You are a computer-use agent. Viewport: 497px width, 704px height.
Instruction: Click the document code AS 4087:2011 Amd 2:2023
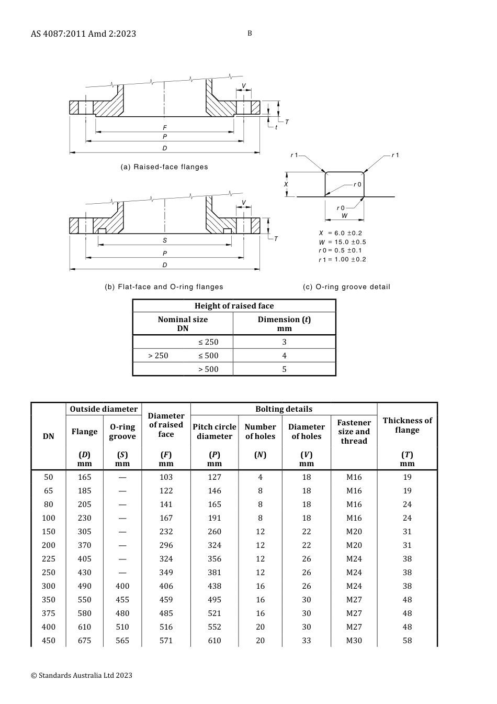83,34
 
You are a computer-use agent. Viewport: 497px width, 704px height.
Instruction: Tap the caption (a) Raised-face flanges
164,167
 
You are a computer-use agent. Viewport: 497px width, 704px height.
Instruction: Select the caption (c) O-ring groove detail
346,287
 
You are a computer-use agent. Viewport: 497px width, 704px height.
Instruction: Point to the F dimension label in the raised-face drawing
165,128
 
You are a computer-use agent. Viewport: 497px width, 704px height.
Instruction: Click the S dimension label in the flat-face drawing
165,240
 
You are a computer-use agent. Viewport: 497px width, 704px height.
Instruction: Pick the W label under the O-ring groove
344,216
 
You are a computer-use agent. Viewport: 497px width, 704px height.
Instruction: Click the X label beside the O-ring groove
286,184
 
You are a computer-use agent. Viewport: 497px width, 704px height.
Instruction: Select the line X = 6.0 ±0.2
341,233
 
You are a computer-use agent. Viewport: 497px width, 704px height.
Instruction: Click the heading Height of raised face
234,306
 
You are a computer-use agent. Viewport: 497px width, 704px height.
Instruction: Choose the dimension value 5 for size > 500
284,369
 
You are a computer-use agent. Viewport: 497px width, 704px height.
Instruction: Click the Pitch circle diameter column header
214,432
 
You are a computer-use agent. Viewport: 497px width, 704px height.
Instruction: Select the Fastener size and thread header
354,432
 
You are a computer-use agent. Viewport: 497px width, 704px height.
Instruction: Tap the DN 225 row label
49,559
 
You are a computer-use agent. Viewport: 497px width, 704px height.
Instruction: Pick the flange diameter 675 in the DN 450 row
84,641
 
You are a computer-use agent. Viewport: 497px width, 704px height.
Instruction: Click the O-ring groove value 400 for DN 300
122,586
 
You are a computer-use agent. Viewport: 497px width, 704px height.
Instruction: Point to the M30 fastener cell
354,641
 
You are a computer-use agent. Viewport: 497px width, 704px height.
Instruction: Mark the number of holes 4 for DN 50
260,477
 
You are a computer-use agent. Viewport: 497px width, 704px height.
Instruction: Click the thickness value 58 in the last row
407,641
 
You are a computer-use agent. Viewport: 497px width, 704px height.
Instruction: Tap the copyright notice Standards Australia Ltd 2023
82,675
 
